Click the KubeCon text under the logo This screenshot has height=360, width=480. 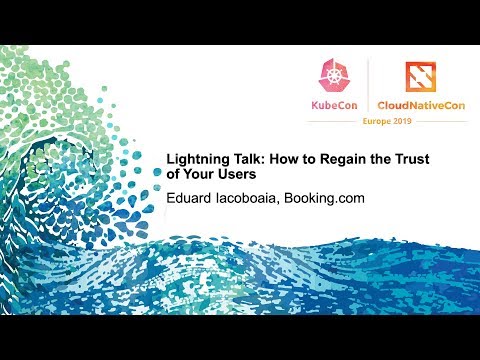pyautogui.click(x=331, y=104)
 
